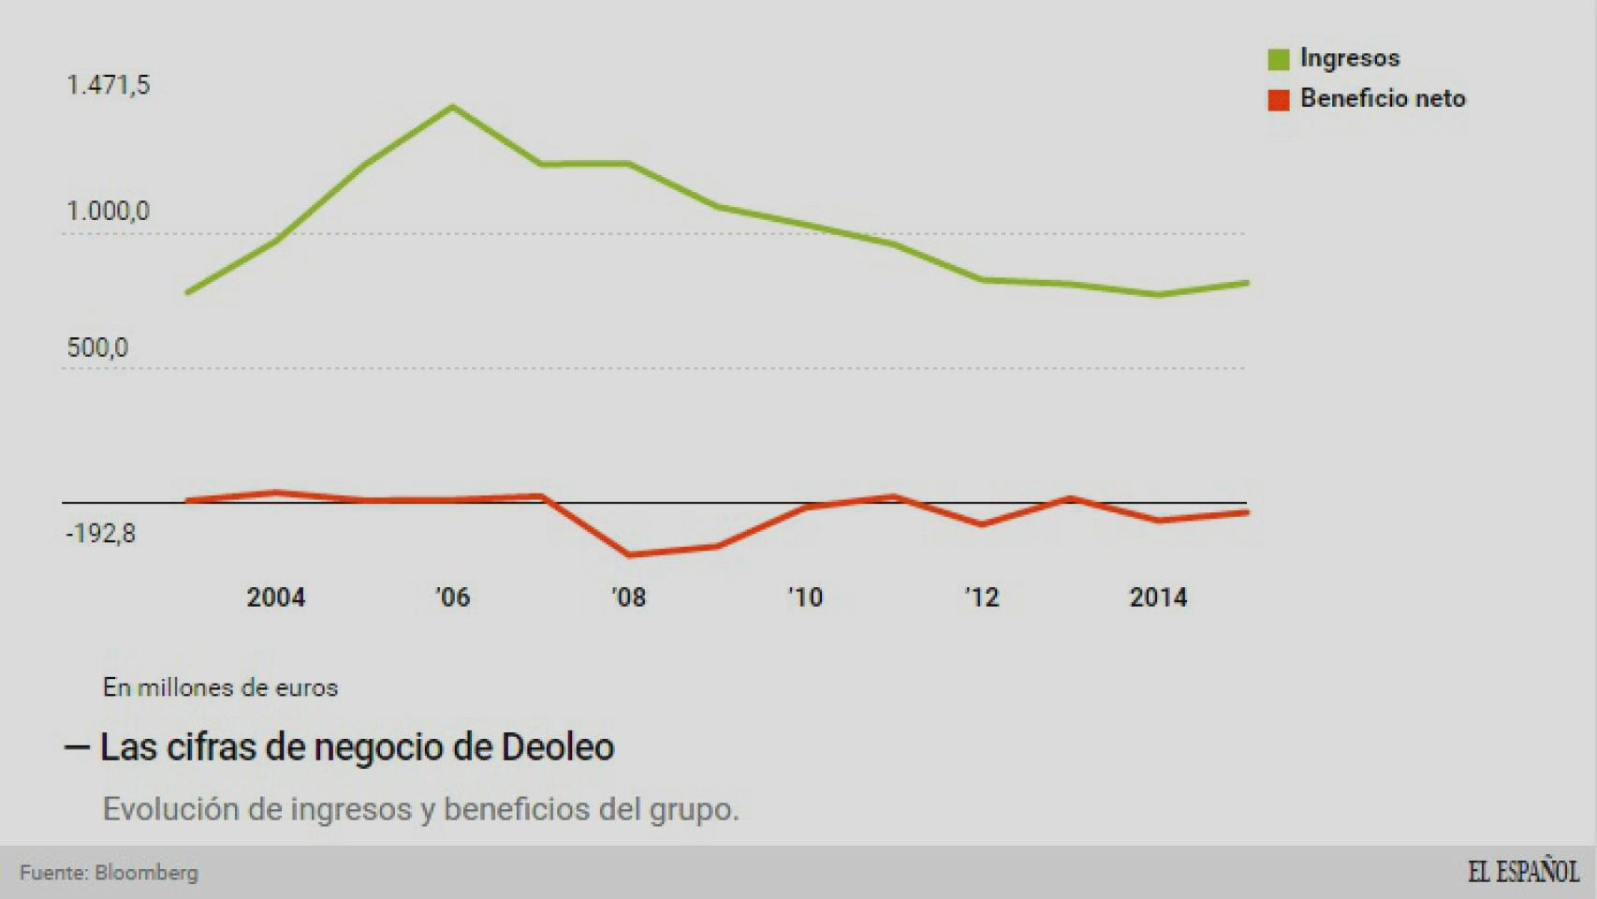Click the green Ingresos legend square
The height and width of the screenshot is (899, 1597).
[x=1278, y=59]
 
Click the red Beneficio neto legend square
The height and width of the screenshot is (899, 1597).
[x=1278, y=99]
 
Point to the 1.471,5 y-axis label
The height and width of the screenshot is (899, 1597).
[x=108, y=85]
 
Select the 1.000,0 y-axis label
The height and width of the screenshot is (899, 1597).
[x=108, y=212]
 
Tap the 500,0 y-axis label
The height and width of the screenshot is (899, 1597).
[x=97, y=348]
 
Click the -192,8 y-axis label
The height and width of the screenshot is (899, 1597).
[x=100, y=534]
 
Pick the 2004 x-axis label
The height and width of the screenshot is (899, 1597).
[x=275, y=597]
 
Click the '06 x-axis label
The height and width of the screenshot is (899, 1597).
[x=452, y=597]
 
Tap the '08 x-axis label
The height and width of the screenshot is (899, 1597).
[x=628, y=597]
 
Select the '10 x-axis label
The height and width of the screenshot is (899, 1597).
[x=805, y=597]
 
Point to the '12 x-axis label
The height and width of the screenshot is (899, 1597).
[x=982, y=597]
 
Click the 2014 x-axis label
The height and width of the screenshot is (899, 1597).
[x=1158, y=597]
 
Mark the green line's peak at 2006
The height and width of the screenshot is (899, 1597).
[x=453, y=107]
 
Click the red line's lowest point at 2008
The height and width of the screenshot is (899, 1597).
[x=628, y=555]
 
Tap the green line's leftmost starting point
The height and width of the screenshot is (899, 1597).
[x=188, y=292]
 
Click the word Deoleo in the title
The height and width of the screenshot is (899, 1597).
[x=558, y=747]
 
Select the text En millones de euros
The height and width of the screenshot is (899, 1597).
[x=220, y=687]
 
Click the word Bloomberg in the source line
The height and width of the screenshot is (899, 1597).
[x=146, y=873]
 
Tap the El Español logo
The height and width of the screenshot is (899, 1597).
[x=1522, y=872]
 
